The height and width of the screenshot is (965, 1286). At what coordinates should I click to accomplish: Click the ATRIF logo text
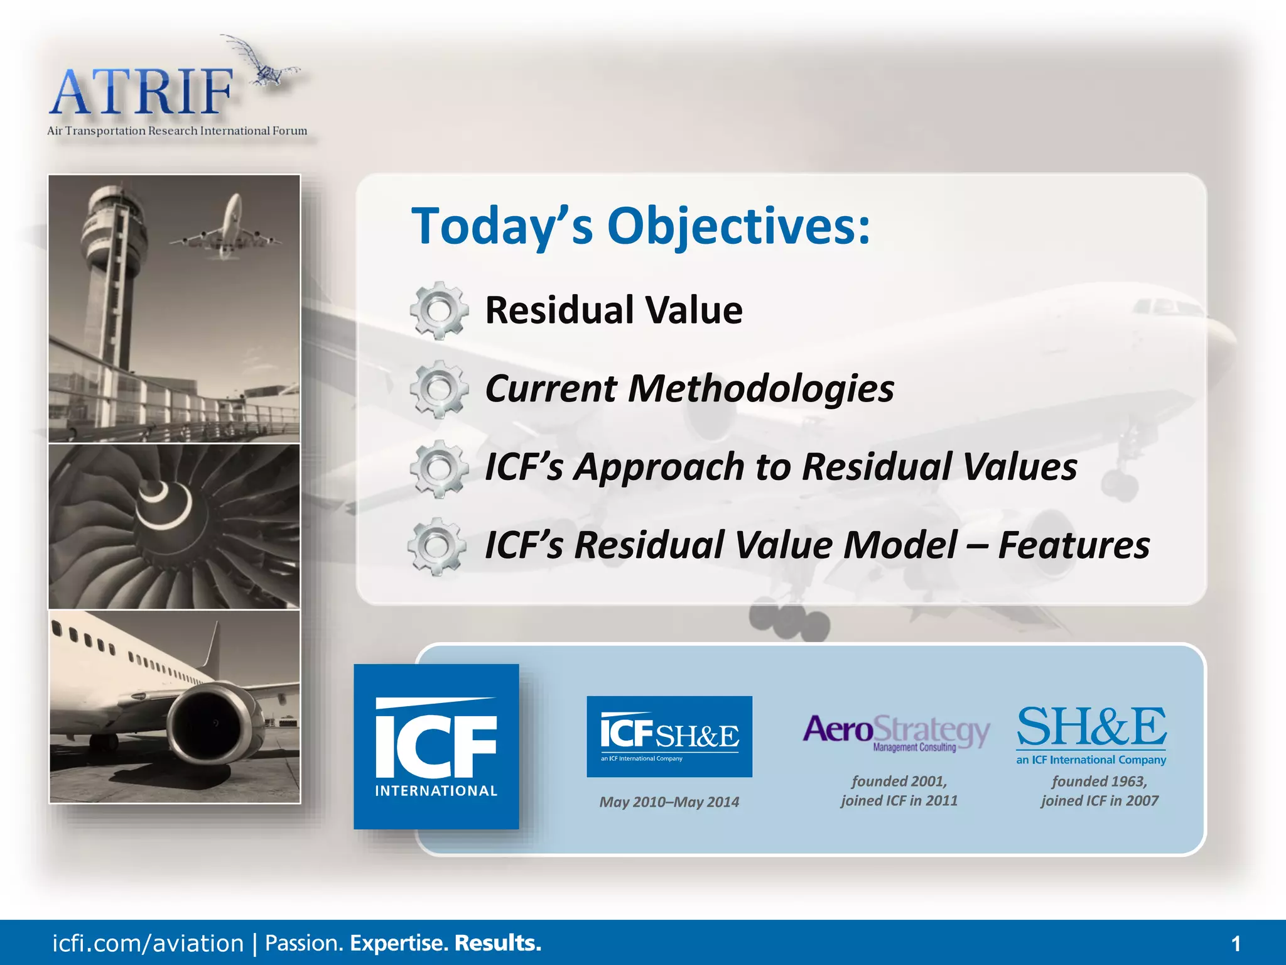coord(141,93)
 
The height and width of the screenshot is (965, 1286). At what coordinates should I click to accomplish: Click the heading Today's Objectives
coord(640,226)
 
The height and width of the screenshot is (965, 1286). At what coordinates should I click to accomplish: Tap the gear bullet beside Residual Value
coord(439,310)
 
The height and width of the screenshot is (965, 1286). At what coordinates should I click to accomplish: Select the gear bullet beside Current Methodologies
coord(439,389)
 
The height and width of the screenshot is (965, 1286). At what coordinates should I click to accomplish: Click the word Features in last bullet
coord(1074,545)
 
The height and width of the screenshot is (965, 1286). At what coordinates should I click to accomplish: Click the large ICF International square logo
coord(436,746)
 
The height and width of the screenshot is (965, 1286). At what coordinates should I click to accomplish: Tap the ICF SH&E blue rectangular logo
coord(669,736)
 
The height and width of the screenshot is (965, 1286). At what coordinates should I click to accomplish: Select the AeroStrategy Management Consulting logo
coord(896,733)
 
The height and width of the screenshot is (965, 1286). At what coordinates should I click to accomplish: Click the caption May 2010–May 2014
coord(669,802)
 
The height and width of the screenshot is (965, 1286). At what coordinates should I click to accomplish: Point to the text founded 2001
coord(899,781)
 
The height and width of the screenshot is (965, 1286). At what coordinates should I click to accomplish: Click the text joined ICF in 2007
coord(1099,800)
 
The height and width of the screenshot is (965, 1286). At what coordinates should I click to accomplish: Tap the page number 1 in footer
coord(1236,944)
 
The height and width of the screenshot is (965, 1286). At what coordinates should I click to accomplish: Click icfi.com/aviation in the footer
coord(148,944)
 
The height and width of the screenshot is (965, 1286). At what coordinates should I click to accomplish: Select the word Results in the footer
coord(497,943)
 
